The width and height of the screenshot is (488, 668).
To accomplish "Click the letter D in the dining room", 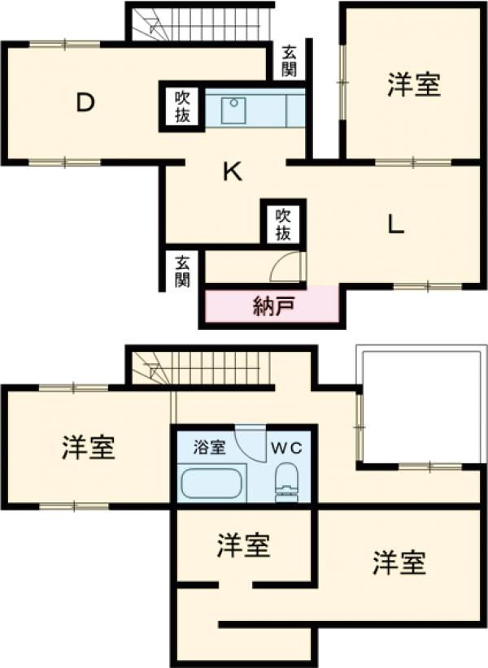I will coord(85,102).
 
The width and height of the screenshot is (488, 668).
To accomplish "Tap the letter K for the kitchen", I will coord(232,171).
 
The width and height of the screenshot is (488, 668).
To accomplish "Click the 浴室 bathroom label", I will coord(209,446).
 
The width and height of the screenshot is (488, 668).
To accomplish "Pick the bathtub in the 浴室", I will coord(211,484).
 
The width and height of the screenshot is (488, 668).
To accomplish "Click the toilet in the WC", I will coord(286,481).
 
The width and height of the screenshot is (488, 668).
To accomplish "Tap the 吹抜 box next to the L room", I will coord(282,223).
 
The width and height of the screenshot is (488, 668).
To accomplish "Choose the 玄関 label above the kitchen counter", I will coord(289,61).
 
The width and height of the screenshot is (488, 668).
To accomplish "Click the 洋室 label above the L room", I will coord(414,85).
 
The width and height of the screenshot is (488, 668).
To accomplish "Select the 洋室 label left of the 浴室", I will coord(88,448).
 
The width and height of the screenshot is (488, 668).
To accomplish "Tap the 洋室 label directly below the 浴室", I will coord(243,546).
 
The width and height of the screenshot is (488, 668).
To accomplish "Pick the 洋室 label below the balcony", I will coord(399,562).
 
